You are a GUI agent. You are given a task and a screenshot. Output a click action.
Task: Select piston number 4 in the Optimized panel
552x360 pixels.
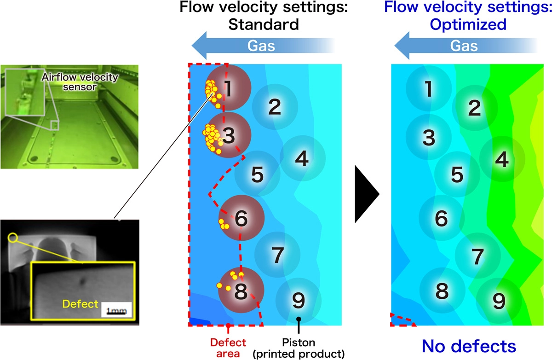502,159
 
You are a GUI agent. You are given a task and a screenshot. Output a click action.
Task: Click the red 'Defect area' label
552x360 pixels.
228,348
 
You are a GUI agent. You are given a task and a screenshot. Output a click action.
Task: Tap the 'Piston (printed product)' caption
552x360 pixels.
299,348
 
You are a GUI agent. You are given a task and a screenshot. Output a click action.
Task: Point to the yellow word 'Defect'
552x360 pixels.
81,304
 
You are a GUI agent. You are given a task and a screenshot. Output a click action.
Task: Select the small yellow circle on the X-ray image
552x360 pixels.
13,238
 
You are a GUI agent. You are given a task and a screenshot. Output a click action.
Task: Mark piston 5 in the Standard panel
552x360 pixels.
257,174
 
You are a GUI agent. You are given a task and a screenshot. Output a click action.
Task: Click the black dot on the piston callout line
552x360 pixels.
299,319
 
